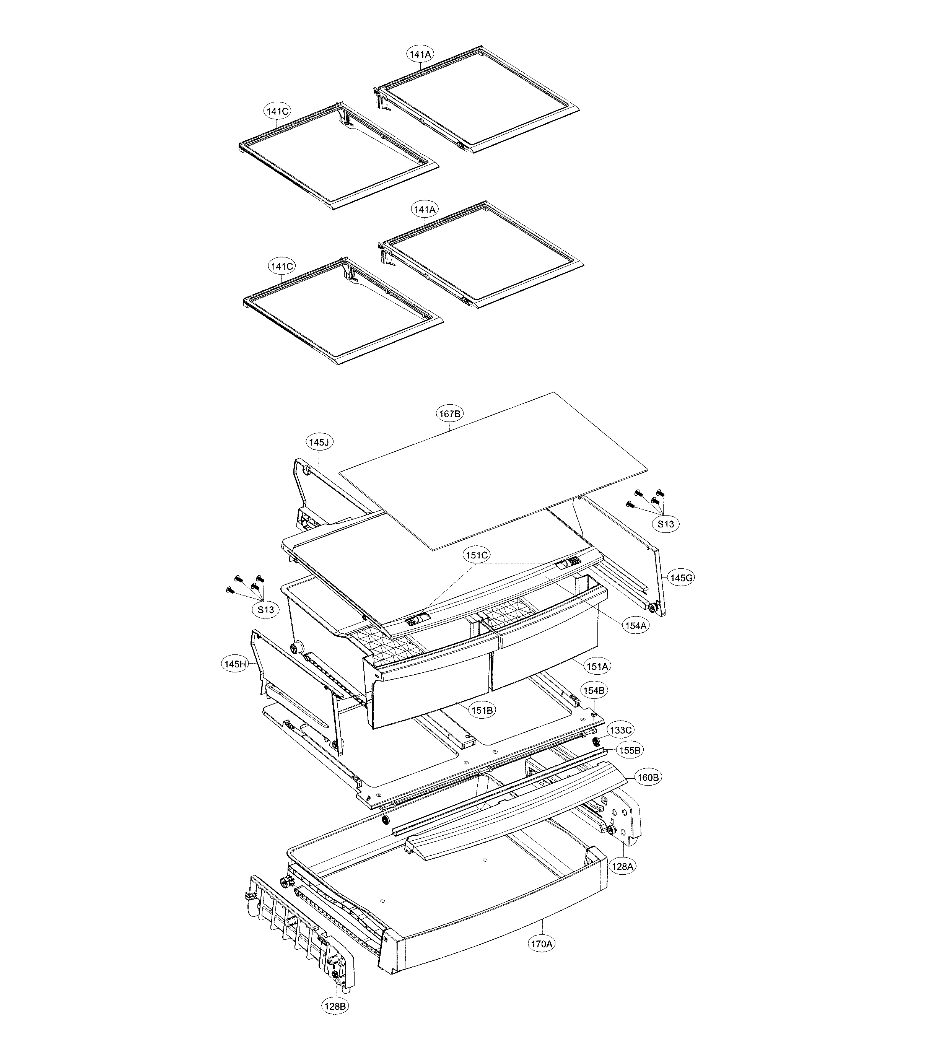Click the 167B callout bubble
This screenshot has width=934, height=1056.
(x=449, y=413)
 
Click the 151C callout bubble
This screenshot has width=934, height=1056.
(x=476, y=555)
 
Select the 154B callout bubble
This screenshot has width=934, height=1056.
(x=594, y=690)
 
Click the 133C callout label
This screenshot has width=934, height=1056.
(x=620, y=730)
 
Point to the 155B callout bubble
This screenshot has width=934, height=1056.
(x=629, y=750)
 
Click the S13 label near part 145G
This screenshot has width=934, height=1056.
(x=666, y=524)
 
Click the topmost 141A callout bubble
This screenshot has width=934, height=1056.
(x=420, y=53)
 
